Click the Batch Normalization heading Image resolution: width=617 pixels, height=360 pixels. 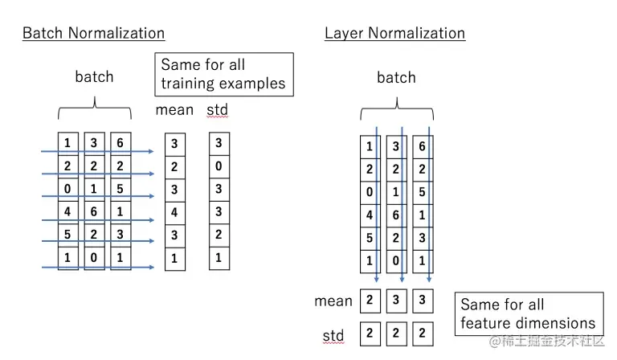click(93, 33)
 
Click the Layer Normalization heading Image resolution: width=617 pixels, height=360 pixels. click(394, 33)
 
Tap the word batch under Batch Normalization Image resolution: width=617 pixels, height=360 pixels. click(94, 77)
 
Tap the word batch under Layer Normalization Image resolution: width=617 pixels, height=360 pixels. click(396, 78)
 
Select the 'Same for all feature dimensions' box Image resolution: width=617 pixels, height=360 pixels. click(528, 314)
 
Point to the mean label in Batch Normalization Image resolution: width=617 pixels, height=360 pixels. click(174, 109)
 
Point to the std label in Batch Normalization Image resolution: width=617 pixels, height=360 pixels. click(217, 109)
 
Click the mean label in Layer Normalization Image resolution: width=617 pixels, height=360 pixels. click(333, 301)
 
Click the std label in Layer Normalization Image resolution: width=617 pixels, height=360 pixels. click(333, 335)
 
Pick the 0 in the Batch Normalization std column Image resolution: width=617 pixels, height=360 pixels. click(219, 168)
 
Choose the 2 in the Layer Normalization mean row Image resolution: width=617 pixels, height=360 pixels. click(370, 301)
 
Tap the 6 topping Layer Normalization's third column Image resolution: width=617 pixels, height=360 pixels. click(422, 147)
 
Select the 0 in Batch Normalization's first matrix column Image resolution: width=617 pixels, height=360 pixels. click(67, 190)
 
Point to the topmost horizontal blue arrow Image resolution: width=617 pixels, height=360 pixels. click(96, 150)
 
